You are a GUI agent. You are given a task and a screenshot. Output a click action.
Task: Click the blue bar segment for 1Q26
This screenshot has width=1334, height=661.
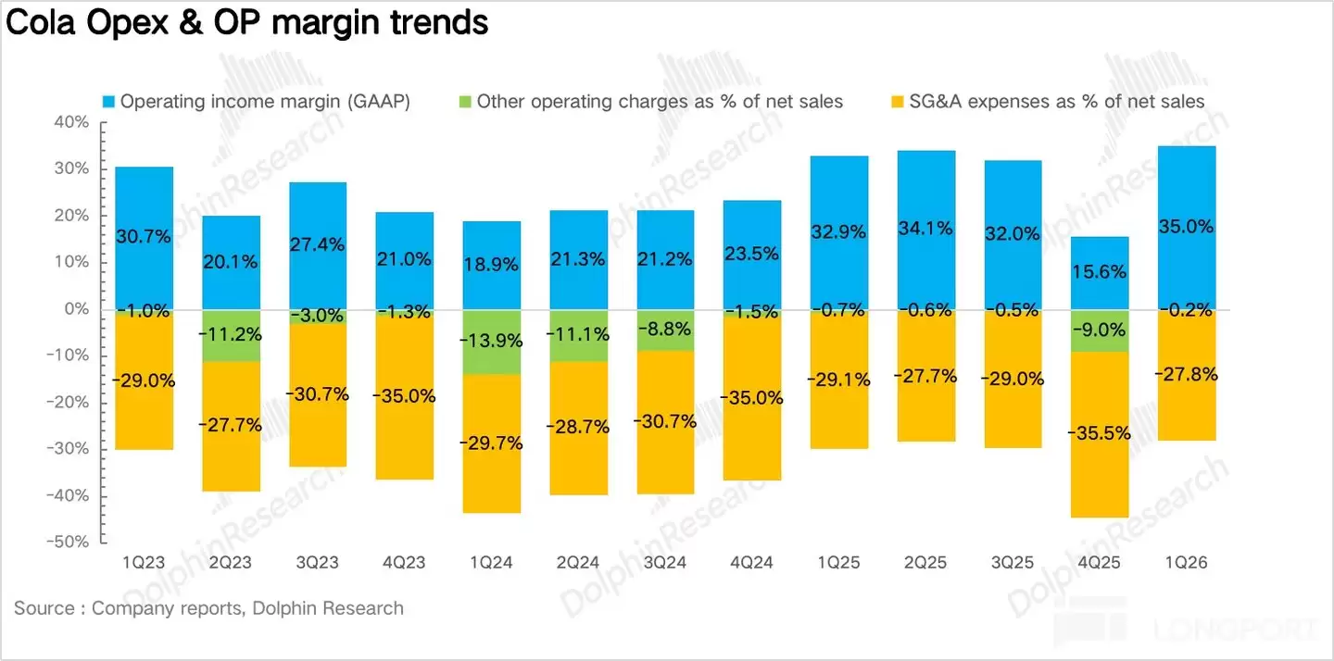[1187, 185]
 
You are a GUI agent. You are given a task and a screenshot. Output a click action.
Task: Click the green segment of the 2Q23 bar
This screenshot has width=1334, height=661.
[232, 335]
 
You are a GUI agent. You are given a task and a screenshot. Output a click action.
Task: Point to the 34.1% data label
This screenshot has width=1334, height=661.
[925, 229]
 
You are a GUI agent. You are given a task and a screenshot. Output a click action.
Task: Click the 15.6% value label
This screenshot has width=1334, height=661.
[1100, 271]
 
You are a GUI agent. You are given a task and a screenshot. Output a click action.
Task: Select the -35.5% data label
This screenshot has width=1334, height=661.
[1100, 432]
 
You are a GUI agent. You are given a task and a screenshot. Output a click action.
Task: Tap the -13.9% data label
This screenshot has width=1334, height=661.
[492, 341]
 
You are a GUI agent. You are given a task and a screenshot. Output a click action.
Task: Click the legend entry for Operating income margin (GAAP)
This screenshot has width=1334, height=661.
[265, 102]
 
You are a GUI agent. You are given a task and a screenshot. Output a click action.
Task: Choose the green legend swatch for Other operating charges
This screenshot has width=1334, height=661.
[465, 102]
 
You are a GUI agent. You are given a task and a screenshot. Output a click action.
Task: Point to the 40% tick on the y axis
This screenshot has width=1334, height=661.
[70, 123]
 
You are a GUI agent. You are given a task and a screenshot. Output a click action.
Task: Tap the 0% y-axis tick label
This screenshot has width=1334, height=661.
[76, 309]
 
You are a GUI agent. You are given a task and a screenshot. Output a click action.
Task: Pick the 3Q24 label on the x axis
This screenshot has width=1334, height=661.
[665, 563]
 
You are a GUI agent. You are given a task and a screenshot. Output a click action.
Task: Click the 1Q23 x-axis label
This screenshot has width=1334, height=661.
[145, 563]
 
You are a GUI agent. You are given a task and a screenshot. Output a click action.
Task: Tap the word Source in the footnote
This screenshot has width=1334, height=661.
[44, 608]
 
